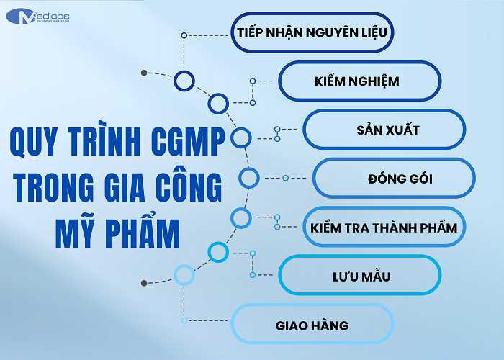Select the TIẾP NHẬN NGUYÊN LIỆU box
point(314,32)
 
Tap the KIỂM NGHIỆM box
point(359,81)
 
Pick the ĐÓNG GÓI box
point(394,178)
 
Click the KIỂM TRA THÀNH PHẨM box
point(384,227)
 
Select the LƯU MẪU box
point(359,275)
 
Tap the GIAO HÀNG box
point(312,325)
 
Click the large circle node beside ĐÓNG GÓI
point(248,178)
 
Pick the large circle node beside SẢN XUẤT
point(240,136)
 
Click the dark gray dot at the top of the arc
point(144,73)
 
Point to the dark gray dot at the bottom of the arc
point(144,282)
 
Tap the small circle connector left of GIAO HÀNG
point(184,320)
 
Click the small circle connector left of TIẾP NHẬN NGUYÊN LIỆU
point(184,35)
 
